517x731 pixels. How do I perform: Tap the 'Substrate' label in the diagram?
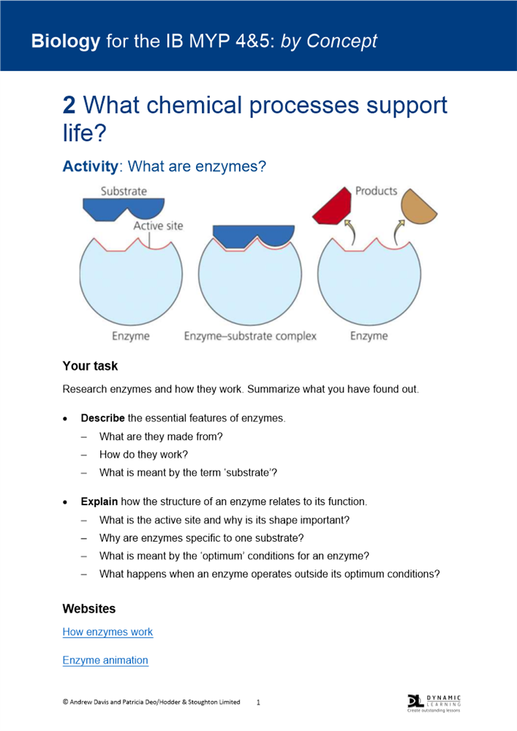point(124,191)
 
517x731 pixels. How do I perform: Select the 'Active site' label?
point(158,226)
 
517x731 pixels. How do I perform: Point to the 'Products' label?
point(376,191)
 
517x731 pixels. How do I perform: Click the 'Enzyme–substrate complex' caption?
point(250,336)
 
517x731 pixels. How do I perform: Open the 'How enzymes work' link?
point(107,632)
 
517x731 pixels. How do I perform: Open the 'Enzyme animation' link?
point(105,660)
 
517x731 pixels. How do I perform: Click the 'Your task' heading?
point(90,365)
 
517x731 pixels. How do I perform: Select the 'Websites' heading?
point(89,608)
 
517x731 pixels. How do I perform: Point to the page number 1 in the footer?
point(258,702)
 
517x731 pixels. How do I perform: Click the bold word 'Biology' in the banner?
point(65,41)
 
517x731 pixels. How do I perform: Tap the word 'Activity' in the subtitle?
point(90,166)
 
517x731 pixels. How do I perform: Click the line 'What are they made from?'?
point(161,436)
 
